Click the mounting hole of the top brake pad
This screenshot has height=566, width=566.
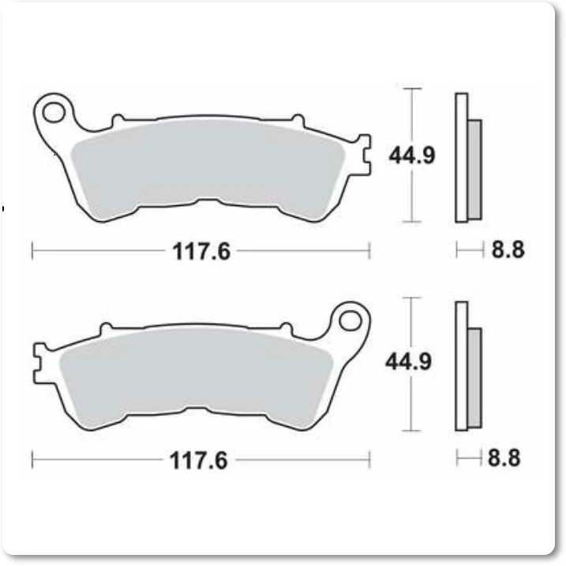(54, 112)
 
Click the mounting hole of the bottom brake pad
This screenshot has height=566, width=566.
(350, 321)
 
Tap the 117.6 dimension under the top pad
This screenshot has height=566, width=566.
(201, 251)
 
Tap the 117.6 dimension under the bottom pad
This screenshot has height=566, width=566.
(198, 460)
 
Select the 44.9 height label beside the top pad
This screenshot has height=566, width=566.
(412, 156)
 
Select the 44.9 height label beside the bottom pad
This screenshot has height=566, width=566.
(408, 362)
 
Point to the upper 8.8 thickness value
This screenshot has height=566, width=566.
(508, 249)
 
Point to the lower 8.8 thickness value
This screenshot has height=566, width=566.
(504, 458)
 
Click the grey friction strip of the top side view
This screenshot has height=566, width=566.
(474, 170)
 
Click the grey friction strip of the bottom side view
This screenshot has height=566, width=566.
(474, 378)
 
